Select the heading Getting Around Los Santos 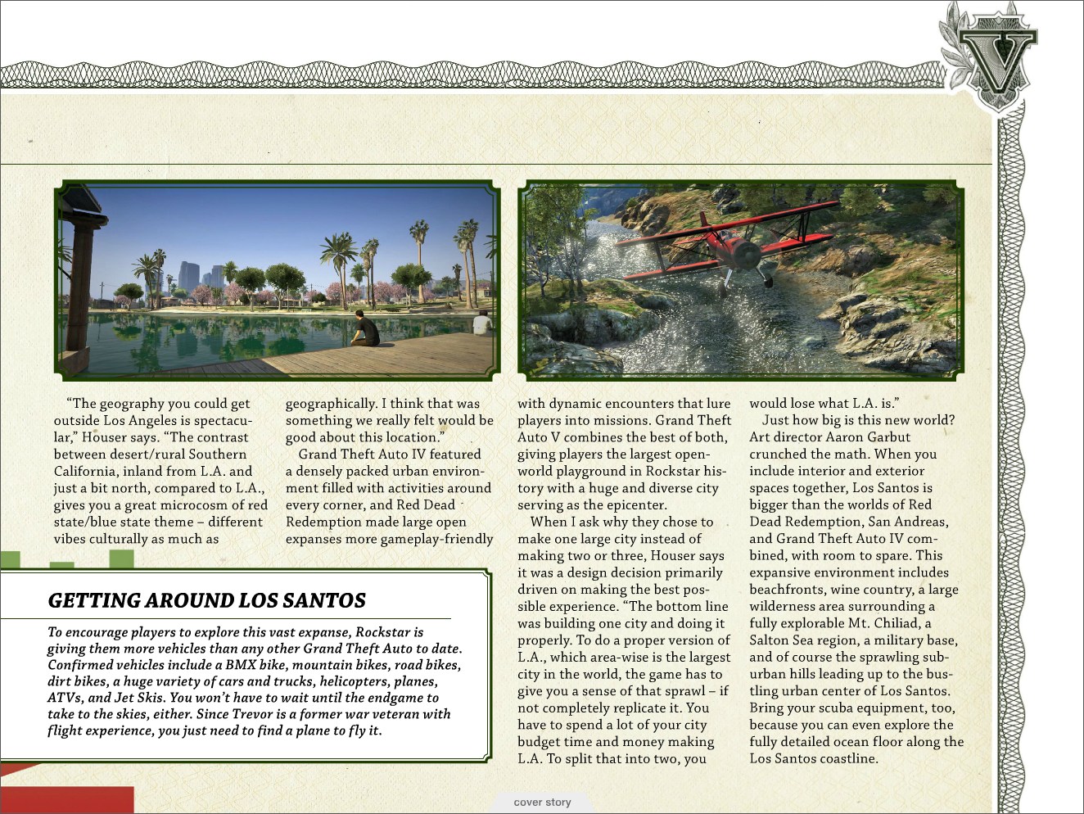pos(207,601)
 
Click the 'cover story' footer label pos(542,803)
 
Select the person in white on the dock pos(482,323)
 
